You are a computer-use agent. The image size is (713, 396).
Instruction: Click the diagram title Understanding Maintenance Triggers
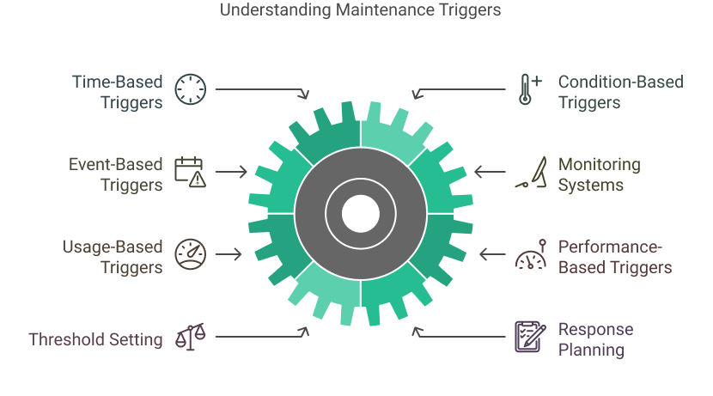(360, 11)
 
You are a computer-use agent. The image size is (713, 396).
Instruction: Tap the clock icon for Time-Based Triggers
(191, 89)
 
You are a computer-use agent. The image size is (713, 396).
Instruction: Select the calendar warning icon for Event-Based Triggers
(190, 171)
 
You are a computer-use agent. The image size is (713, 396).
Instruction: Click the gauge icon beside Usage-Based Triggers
(190, 254)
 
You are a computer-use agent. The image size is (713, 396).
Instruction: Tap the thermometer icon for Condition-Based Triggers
(528, 89)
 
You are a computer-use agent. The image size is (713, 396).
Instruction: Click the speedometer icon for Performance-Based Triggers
(529, 254)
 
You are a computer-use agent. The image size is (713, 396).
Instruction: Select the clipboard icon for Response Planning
(528, 336)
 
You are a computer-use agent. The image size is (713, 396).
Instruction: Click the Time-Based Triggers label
(118, 93)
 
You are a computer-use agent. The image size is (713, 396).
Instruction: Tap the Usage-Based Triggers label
(113, 257)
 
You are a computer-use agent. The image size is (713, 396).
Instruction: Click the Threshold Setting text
(95, 339)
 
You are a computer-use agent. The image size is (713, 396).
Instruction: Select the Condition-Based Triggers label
(620, 93)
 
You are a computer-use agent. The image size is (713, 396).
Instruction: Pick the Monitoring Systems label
(600, 174)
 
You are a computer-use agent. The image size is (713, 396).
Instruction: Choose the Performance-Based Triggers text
(615, 257)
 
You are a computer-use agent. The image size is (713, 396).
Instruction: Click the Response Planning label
(596, 339)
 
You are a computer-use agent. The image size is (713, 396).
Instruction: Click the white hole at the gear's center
(360, 212)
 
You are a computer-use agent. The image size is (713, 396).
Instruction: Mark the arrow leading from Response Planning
(460, 334)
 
